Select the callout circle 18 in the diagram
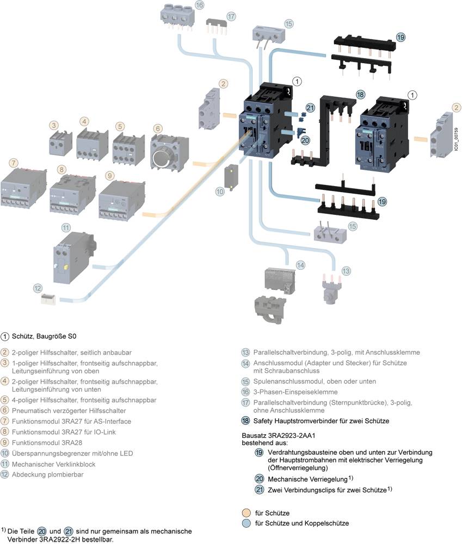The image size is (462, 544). point(360,95)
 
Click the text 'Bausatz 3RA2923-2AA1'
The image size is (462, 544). point(278,436)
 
